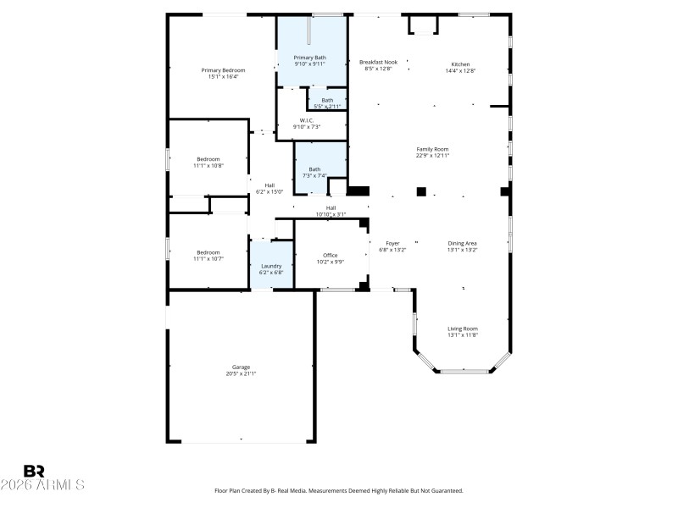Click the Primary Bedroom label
[x=223, y=69]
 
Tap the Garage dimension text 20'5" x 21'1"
[x=241, y=373]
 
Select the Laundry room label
[x=270, y=266]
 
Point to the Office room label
[x=330, y=255]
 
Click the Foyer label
[x=392, y=243]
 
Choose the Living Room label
[x=463, y=329]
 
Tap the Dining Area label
[x=463, y=243]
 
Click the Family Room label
[x=432, y=149]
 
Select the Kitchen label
[x=460, y=64]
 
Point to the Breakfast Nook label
[x=378, y=63]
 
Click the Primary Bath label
[x=309, y=58]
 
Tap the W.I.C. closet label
[x=307, y=120]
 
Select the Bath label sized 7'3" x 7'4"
[x=314, y=168]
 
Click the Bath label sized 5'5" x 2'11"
[x=326, y=100]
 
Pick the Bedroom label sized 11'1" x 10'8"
[x=208, y=159]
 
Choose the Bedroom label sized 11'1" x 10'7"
[x=208, y=251]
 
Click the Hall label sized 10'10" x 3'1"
[x=331, y=207]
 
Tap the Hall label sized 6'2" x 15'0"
[x=270, y=185]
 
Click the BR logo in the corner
[x=35, y=471]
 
